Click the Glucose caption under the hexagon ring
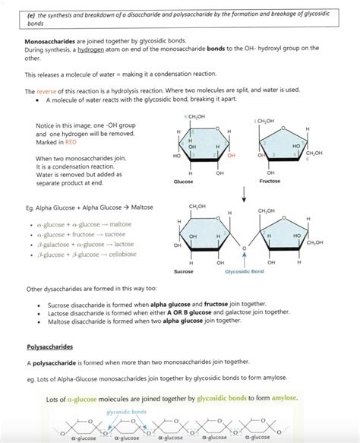click(183, 160)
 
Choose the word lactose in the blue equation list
click(124, 245)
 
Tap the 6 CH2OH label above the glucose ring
click(194, 115)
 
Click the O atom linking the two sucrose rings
click(244, 247)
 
